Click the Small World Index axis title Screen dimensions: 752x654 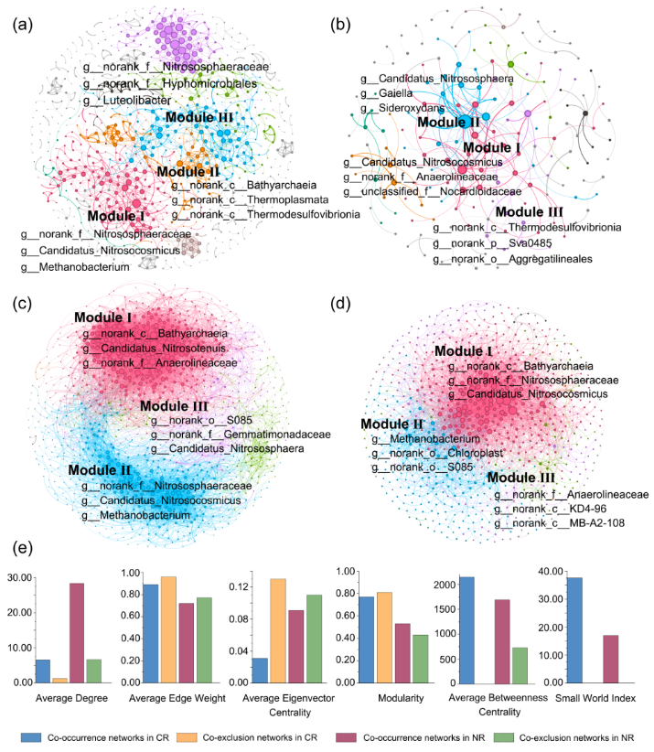[587, 701]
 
